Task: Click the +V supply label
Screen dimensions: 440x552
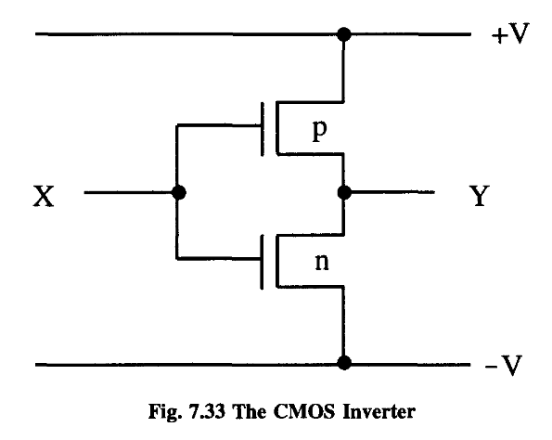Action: pos(508,36)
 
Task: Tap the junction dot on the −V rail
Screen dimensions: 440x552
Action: pos(344,362)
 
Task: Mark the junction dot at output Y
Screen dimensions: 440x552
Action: pos(344,194)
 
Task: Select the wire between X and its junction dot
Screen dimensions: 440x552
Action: pos(130,194)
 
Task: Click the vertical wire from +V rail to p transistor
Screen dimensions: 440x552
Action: pos(344,70)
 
